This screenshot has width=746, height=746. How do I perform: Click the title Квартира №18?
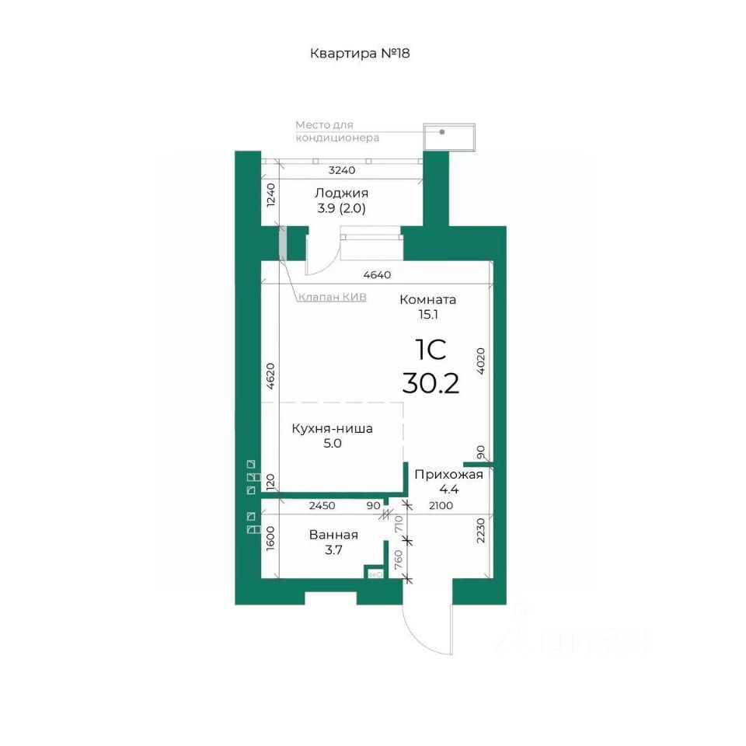point(360,54)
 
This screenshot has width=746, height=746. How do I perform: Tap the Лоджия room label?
point(342,193)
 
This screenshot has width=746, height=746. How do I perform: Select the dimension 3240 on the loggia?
point(342,170)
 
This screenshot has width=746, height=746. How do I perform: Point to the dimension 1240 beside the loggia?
point(270,194)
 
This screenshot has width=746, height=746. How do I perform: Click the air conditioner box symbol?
point(449,137)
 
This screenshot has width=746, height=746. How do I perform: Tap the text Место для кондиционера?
point(337,131)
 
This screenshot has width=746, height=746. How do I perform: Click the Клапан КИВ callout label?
point(332,297)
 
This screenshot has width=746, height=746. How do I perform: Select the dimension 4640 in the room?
point(377,275)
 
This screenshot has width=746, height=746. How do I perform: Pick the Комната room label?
point(427,300)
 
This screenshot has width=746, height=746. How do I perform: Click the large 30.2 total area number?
point(431,383)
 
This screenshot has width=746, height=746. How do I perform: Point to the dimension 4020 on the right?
point(480,361)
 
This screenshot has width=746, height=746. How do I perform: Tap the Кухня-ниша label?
point(332,429)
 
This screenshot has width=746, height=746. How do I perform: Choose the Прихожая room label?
point(448,474)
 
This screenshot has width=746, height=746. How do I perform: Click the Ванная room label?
point(333,535)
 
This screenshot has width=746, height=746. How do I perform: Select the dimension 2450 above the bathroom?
point(322,506)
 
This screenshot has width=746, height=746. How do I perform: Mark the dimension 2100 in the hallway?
point(441,506)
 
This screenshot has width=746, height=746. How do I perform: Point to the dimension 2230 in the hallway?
point(480,531)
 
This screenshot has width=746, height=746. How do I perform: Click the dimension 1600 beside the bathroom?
point(270,538)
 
